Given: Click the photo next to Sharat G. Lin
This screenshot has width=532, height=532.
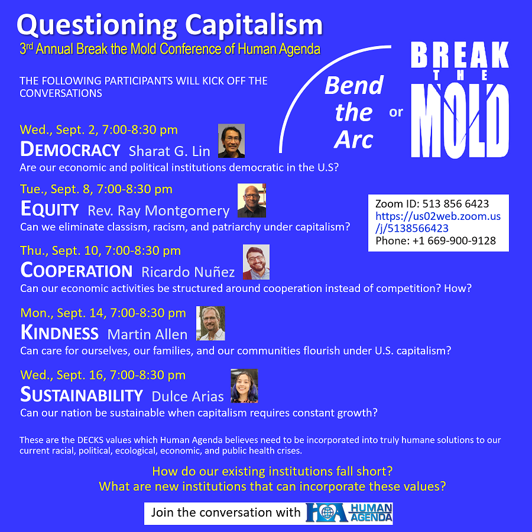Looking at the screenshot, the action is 231,141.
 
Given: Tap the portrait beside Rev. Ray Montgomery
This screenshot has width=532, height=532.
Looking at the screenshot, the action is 252,200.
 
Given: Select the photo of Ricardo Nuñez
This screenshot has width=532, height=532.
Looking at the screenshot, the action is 256,262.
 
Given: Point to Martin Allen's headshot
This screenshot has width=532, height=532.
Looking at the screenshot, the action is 210,323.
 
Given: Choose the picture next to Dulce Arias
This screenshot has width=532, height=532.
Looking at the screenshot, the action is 244,386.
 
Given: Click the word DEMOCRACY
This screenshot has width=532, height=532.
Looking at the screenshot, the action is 70,150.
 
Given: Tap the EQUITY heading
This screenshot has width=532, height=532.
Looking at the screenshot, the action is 50,209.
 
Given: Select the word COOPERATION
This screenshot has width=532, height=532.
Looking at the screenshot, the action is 76,270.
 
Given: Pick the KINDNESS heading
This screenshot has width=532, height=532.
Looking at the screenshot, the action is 60,333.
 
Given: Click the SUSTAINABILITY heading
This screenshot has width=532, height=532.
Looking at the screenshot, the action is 82,395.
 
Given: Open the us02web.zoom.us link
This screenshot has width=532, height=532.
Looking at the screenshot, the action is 438,222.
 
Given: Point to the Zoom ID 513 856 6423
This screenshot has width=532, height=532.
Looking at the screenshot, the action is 456,203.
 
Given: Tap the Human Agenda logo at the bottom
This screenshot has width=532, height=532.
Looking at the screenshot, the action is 349,512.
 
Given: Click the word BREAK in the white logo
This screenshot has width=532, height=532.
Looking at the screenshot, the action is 460,54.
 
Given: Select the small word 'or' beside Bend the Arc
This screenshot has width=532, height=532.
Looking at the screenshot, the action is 396,112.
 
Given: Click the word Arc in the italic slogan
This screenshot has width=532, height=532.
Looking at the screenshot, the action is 353,140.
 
